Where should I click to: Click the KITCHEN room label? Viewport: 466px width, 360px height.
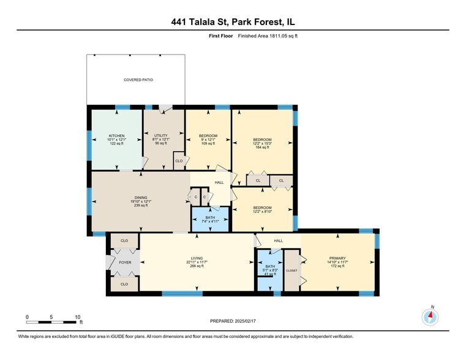[116, 139]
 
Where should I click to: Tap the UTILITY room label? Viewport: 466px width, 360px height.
[160, 139]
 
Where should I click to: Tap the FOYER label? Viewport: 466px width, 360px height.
[124, 262]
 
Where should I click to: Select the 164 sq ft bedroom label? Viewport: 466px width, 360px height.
[262, 143]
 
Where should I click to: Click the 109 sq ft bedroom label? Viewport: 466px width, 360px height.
[208, 139]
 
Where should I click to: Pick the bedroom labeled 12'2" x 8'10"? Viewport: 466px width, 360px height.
[262, 210]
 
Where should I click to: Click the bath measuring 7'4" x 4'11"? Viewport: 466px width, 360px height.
[210, 220]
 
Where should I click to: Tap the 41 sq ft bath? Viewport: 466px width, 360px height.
[269, 270]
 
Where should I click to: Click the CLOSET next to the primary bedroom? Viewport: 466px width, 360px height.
[291, 270]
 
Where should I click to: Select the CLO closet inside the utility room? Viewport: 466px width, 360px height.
[179, 161]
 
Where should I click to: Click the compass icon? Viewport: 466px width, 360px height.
[430, 317]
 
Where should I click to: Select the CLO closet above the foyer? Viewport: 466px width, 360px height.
[124, 241]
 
